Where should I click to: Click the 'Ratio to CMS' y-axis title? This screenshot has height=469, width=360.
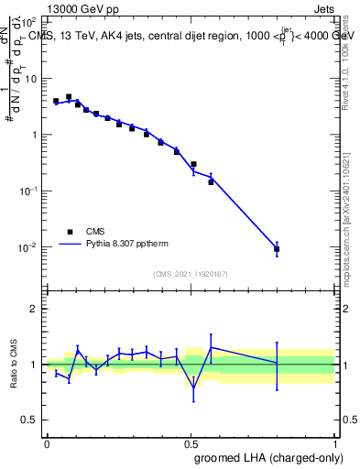tap(15, 364)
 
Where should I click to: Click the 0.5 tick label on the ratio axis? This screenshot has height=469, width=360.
tap(31, 420)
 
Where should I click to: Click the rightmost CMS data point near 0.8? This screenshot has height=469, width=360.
tap(277, 248)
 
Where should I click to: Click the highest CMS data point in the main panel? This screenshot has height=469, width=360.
tap(69, 96)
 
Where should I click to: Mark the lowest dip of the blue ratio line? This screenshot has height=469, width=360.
tap(193, 387)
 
